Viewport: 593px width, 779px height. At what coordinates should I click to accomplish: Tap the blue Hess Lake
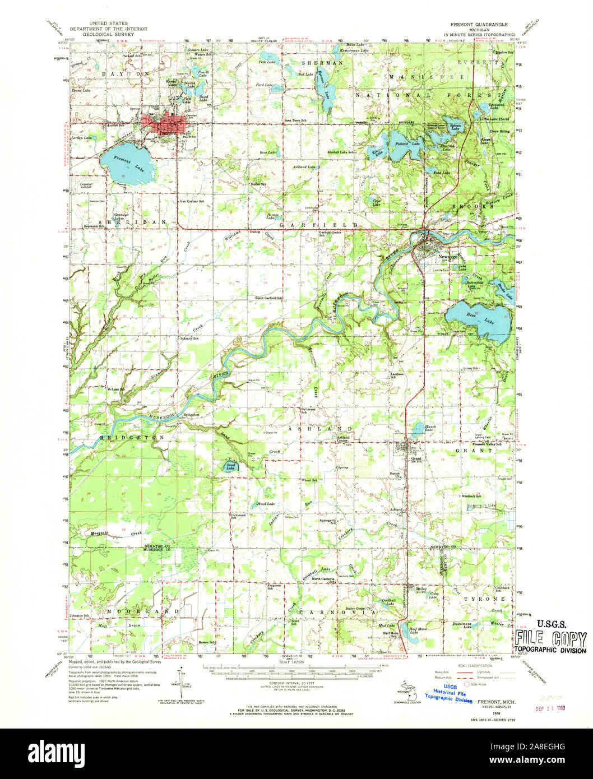tap(479, 318)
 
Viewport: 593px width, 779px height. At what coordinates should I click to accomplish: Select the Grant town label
tap(416, 458)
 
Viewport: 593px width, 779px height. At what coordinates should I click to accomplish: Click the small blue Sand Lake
tap(231, 466)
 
